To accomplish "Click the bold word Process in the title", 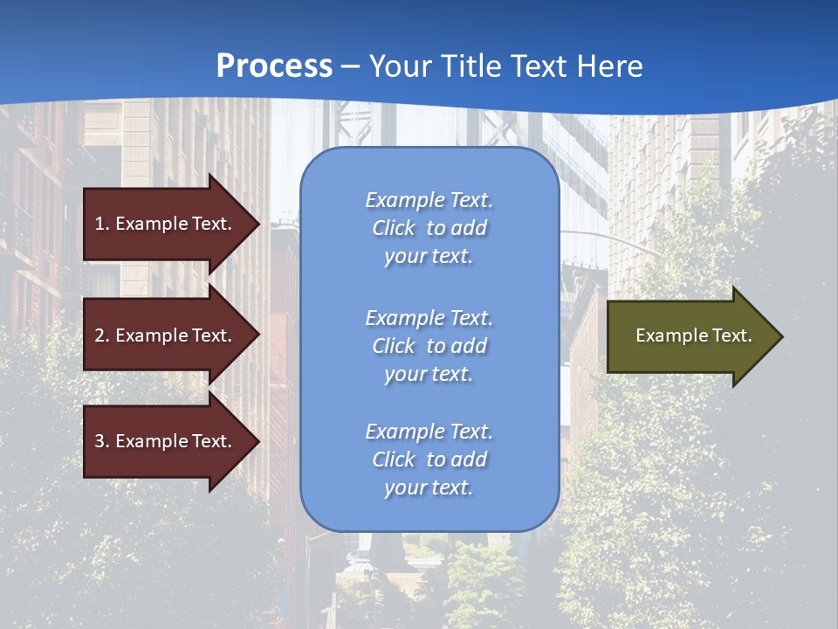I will click(274, 66).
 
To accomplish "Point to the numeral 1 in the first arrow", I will click(100, 224).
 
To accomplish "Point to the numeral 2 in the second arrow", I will click(100, 335).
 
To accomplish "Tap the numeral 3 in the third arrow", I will click(100, 441).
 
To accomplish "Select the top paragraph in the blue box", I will click(429, 228).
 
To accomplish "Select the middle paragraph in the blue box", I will click(429, 346).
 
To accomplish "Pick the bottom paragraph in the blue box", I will click(429, 460).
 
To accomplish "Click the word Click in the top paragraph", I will click(393, 228).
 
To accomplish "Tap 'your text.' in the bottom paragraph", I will click(429, 487).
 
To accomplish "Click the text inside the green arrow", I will click(694, 335).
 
